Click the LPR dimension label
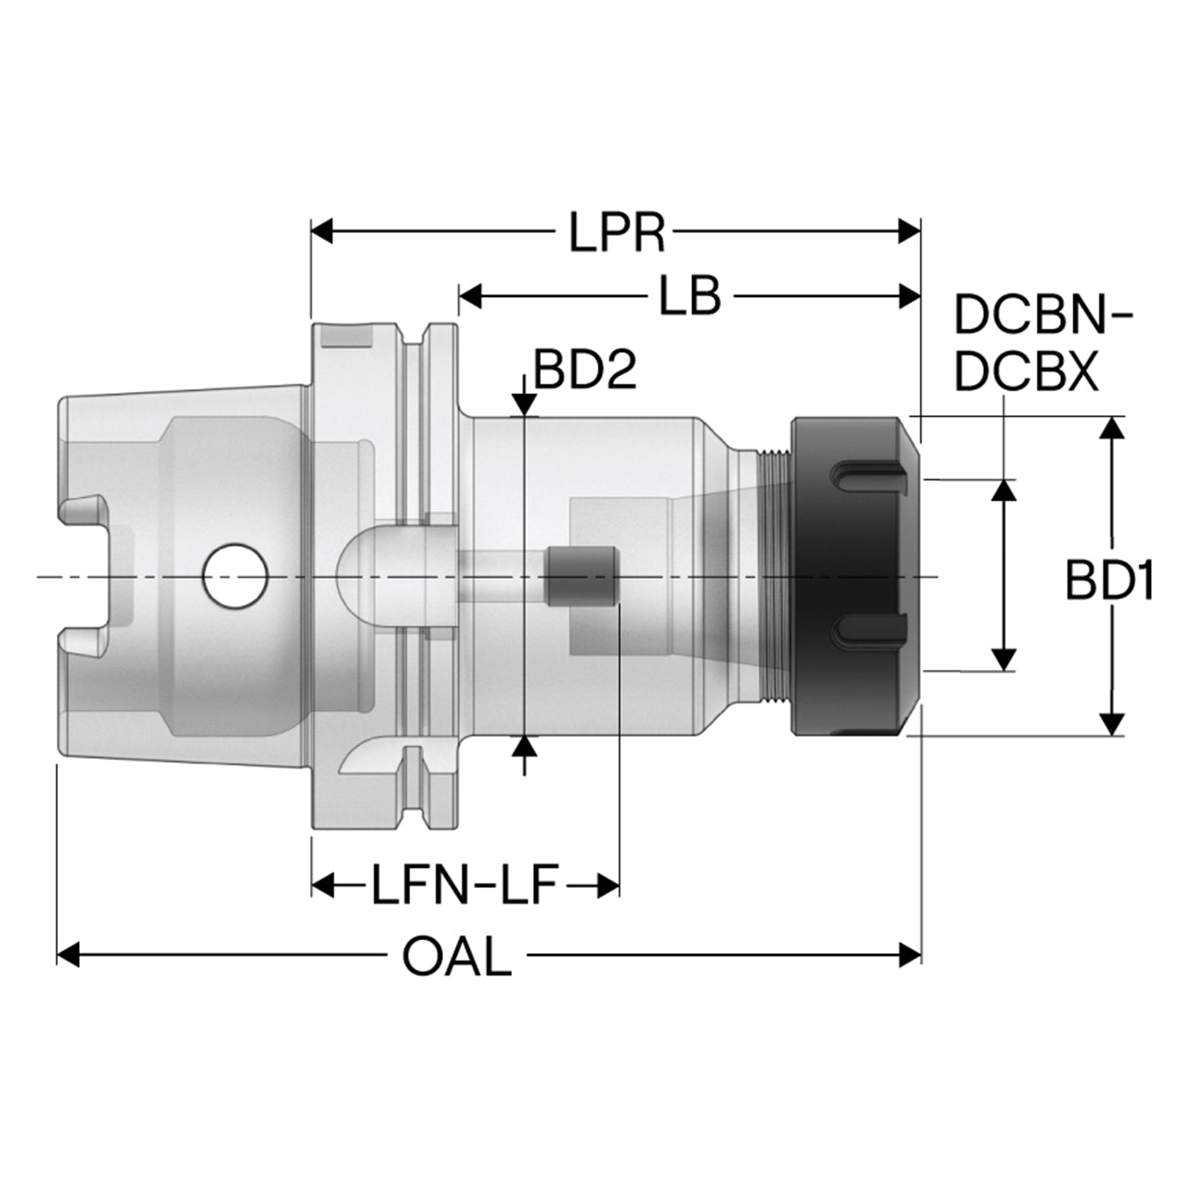[617, 232]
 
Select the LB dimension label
[689, 297]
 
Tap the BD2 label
[584, 371]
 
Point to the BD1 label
[1109, 581]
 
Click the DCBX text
[1026, 372]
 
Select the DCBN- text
[1043, 316]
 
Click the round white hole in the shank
[235, 575]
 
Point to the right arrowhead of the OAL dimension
[909, 955]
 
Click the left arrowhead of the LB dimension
[470, 297]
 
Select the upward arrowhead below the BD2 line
[525, 747]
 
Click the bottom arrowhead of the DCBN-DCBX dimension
[1005, 660]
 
